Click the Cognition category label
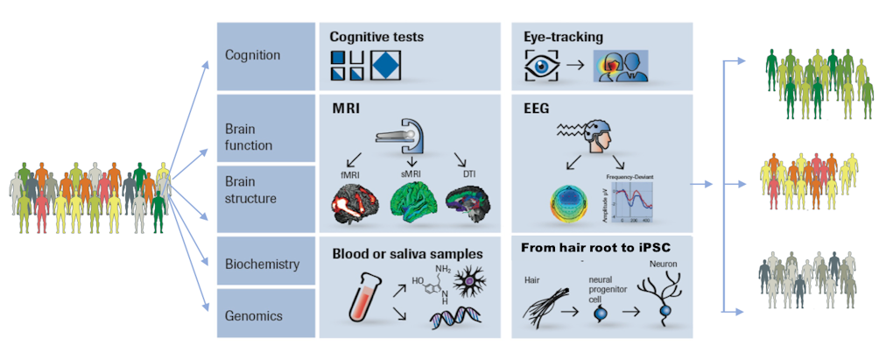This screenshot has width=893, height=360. pyautogui.click(x=252, y=55)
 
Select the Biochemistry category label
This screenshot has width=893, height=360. pyautogui.click(x=263, y=264)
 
